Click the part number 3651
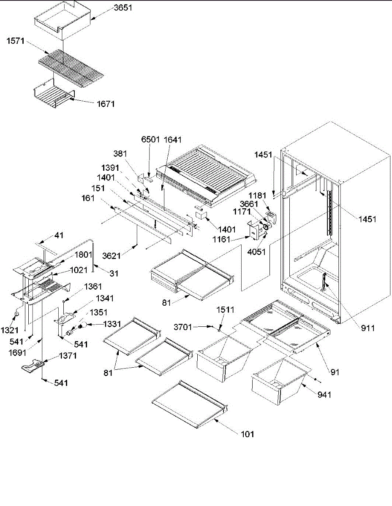coord(122,7)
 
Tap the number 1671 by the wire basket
coord(104,104)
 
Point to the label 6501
coord(150,140)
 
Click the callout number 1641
coord(171,140)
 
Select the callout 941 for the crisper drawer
coord(325,395)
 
